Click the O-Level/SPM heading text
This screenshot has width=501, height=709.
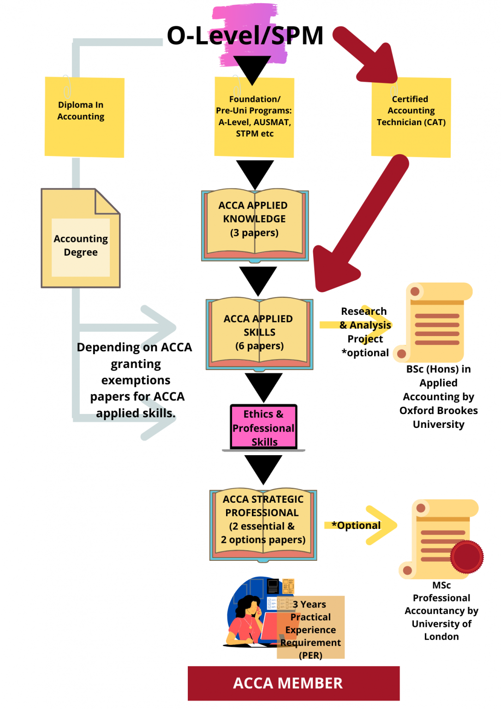245,36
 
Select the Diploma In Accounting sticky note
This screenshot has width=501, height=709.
84,117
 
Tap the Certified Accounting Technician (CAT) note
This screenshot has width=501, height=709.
411,117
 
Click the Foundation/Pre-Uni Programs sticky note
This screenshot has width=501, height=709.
254,117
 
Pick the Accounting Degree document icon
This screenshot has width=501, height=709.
81,239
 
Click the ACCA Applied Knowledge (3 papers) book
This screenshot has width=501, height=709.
255,225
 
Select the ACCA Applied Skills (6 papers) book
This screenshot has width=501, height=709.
259,333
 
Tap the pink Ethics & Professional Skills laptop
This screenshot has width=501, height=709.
263,427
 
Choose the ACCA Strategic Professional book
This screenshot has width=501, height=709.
263,524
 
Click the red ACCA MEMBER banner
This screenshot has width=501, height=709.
293,683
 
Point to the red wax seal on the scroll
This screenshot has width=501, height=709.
467,557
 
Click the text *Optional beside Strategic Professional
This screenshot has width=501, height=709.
356,525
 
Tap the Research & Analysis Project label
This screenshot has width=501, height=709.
365,331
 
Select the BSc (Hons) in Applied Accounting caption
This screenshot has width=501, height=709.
438,397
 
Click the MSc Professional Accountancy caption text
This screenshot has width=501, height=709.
441,611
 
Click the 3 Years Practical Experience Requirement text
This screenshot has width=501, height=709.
310,629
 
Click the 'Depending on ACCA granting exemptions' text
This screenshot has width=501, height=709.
135,380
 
